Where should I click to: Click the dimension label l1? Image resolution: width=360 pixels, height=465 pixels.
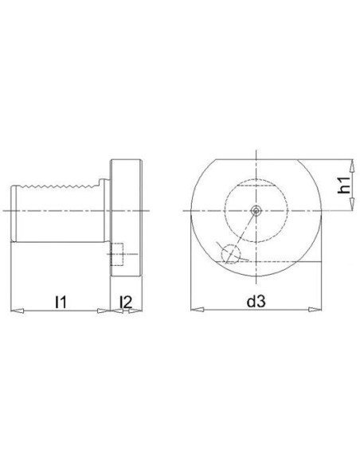pos(61,302)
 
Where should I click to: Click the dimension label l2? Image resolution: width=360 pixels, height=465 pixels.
pos(125,302)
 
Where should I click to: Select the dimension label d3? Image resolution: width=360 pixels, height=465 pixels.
pos(256,302)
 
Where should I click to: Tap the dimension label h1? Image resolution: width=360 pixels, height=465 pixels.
pos(344,185)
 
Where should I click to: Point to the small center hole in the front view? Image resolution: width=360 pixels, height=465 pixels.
pos(256,210)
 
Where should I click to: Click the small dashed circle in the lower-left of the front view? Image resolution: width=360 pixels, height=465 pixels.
pos(230,254)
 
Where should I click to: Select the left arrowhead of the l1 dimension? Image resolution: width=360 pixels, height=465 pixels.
pos(18,311)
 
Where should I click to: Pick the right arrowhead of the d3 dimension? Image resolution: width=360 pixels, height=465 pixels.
pos(315,310)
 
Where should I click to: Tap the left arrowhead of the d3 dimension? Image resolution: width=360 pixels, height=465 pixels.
pos(198,310)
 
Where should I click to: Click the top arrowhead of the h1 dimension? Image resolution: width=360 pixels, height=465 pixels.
pos(352,166)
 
